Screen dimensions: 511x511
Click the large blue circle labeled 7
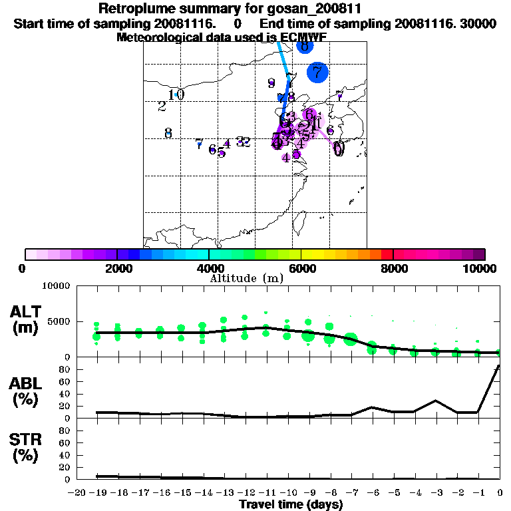pyautogui.click(x=317, y=72)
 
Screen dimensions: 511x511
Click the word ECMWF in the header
pyautogui.click(x=302, y=37)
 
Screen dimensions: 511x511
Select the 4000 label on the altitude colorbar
pyautogui.click(x=209, y=268)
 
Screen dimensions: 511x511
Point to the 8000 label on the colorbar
pyautogui.click(x=393, y=268)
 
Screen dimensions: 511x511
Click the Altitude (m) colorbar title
pyautogui.click(x=246, y=277)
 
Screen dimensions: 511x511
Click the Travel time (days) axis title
pyautogui.click(x=291, y=504)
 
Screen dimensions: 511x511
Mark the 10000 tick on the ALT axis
pyautogui.click(x=55, y=286)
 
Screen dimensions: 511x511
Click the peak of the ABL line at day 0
pyautogui.click(x=499, y=365)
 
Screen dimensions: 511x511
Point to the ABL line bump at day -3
pyautogui.click(x=435, y=401)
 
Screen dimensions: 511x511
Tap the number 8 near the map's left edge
pyautogui.click(x=168, y=133)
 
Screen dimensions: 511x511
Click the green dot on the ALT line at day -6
pyautogui.click(x=372, y=347)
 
